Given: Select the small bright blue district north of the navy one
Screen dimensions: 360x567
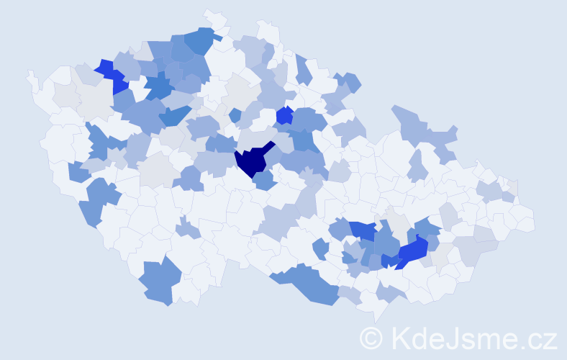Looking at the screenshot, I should coord(284,114).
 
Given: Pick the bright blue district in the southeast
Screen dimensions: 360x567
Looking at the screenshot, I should coord(413,251).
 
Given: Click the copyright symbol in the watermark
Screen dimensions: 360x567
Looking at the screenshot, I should coord(372,338).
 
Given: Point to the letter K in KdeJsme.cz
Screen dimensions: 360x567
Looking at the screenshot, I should coord(400,338).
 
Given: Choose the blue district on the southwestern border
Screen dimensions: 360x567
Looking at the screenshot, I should coord(156,281).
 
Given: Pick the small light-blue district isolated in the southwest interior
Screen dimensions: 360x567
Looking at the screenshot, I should coord(186,230).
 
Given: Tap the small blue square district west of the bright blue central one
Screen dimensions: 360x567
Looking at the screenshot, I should coord(235,114).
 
